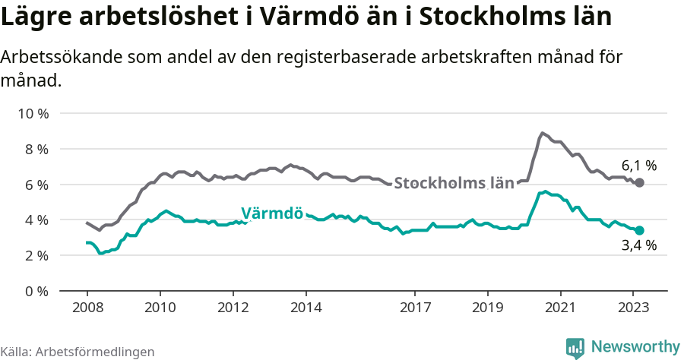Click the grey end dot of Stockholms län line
(x=639, y=183)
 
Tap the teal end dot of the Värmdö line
(x=639, y=230)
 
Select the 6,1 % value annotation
(x=638, y=165)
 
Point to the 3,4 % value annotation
(x=638, y=245)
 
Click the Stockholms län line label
(x=454, y=183)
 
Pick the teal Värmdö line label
(x=272, y=213)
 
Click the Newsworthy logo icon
(x=575, y=348)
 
